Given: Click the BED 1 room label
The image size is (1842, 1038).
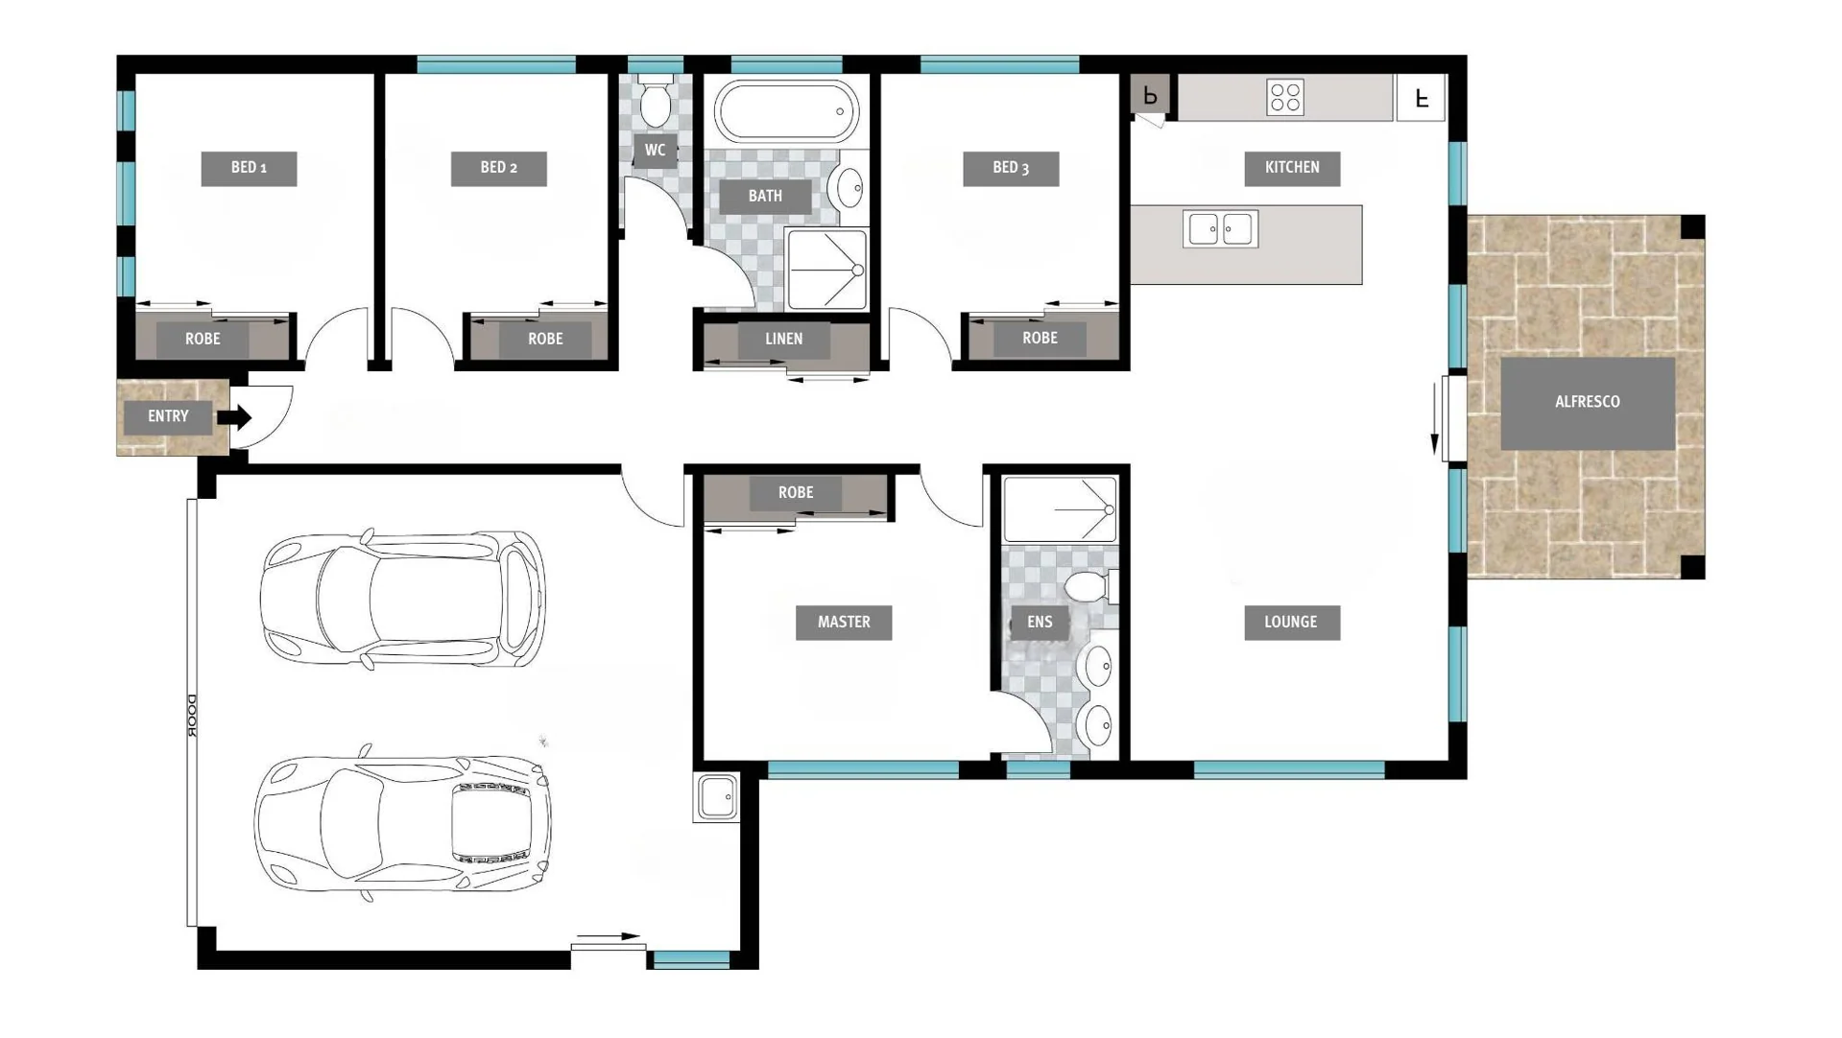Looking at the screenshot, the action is pyautogui.click(x=249, y=168).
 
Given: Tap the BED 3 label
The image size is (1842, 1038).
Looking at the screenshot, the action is pyautogui.click(x=1011, y=168).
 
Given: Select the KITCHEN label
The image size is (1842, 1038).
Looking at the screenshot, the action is pyautogui.click(x=1292, y=168).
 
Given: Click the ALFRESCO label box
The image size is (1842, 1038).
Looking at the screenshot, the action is pyautogui.click(x=1588, y=403).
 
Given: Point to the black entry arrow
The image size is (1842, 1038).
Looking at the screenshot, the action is pyautogui.click(x=234, y=416).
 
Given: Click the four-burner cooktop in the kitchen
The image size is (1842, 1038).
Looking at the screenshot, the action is pyautogui.click(x=1285, y=97).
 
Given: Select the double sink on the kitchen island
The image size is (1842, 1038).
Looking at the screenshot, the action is pyautogui.click(x=1220, y=229).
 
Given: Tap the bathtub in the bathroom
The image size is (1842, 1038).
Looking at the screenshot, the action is pyautogui.click(x=787, y=112).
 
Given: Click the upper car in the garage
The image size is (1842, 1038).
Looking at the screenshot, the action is pyautogui.click(x=403, y=599).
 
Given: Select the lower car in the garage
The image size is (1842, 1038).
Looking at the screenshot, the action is pyautogui.click(x=403, y=823).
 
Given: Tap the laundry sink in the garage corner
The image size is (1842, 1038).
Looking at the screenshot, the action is pyautogui.click(x=716, y=797).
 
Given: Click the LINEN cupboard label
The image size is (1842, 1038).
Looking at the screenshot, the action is pyautogui.click(x=784, y=340).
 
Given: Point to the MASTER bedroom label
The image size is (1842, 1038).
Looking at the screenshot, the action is pyautogui.click(x=844, y=623).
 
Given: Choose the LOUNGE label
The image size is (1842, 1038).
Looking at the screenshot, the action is pyautogui.click(x=1292, y=623).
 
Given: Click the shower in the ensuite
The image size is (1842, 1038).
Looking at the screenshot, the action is pyautogui.click(x=1060, y=509).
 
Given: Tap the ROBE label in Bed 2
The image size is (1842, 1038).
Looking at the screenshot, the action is pyautogui.click(x=545, y=340).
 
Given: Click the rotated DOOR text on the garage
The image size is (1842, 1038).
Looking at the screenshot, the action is pyautogui.click(x=192, y=716).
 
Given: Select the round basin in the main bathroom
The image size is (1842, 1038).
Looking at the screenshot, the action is pyautogui.click(x=850, y=187).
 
